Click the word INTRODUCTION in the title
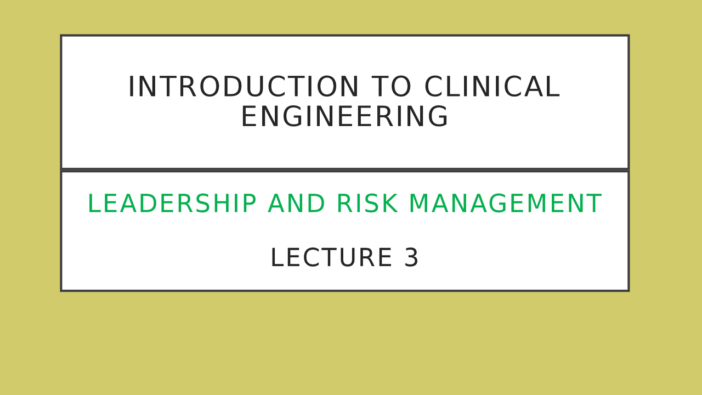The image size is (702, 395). click(244, 87)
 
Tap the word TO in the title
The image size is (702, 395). click(391, 87)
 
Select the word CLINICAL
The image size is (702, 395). click(492, 87)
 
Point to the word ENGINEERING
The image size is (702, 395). click(344, 117)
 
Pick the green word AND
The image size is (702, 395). click(296, 204)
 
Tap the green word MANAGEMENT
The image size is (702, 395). click(505, 204)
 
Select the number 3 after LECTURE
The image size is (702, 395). click(412, 258)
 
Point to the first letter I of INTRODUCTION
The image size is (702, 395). click(131, 87)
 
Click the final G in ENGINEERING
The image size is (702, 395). click(439, 117)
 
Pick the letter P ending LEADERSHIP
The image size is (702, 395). click(250, 204)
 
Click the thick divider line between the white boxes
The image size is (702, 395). click(344, 170)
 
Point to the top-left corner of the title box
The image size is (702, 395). click(61, 36)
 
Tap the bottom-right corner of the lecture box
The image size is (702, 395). click(628, 290)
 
